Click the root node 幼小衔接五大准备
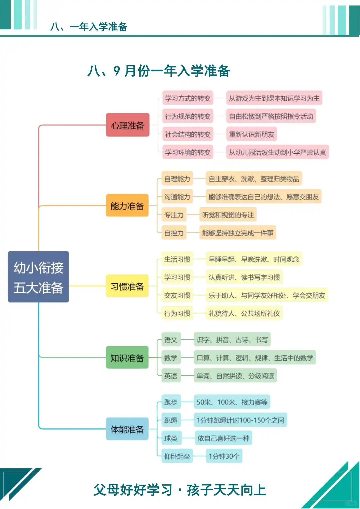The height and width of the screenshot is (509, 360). [38, 277]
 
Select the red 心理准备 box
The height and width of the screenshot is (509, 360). [127, 125]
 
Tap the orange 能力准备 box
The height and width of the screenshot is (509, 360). [127, 206]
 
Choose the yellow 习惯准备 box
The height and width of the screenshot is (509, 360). [127, 286]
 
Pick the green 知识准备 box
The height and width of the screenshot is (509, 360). [127, 358]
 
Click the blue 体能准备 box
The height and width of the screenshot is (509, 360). [127, 429]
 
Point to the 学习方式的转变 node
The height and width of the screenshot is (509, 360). [188, 98]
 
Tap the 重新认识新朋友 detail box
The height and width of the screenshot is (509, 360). [251, 134]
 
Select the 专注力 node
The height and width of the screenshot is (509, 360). [174, 215]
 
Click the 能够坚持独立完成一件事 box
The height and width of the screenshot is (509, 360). [237, 233]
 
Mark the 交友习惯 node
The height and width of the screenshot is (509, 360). [177, 295]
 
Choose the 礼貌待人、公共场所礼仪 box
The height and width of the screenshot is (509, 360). [244, 313]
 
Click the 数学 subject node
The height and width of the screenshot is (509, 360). [170, 358]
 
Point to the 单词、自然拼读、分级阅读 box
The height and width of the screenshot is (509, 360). [235, 376]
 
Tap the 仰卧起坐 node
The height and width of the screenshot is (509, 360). [177, 456]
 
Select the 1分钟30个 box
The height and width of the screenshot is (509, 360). [224, 456]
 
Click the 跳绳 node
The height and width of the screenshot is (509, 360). [170, 420]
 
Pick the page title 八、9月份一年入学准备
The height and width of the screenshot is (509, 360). [159, 71]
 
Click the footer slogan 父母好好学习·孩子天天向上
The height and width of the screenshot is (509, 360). [180, 490]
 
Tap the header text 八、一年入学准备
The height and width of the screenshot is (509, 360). [89, 27]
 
